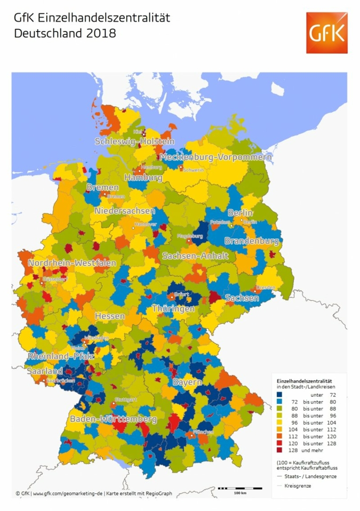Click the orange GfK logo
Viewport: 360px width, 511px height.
click(x=325, y=33)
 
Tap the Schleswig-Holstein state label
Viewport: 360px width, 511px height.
click(x=134, y=141)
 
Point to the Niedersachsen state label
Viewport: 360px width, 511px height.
click(x=125, y=211)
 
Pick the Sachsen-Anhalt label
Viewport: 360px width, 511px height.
click(x=195, y=256)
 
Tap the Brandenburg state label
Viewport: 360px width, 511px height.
click(x=251, y=241)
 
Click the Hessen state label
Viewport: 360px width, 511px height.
click(x=110, y=316)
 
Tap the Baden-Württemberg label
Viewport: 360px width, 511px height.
click(x=113, y=419)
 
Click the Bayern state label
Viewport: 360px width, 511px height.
click(x=187, y=382)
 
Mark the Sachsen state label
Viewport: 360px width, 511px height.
click(x=242, y=298)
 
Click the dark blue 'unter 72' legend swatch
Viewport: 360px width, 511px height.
click(x=279, y=394)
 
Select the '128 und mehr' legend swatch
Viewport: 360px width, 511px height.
click(x=279, y=450)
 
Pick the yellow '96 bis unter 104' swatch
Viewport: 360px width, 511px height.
click(x=279, y=422)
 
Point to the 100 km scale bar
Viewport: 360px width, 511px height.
click(x=241, y=488)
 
